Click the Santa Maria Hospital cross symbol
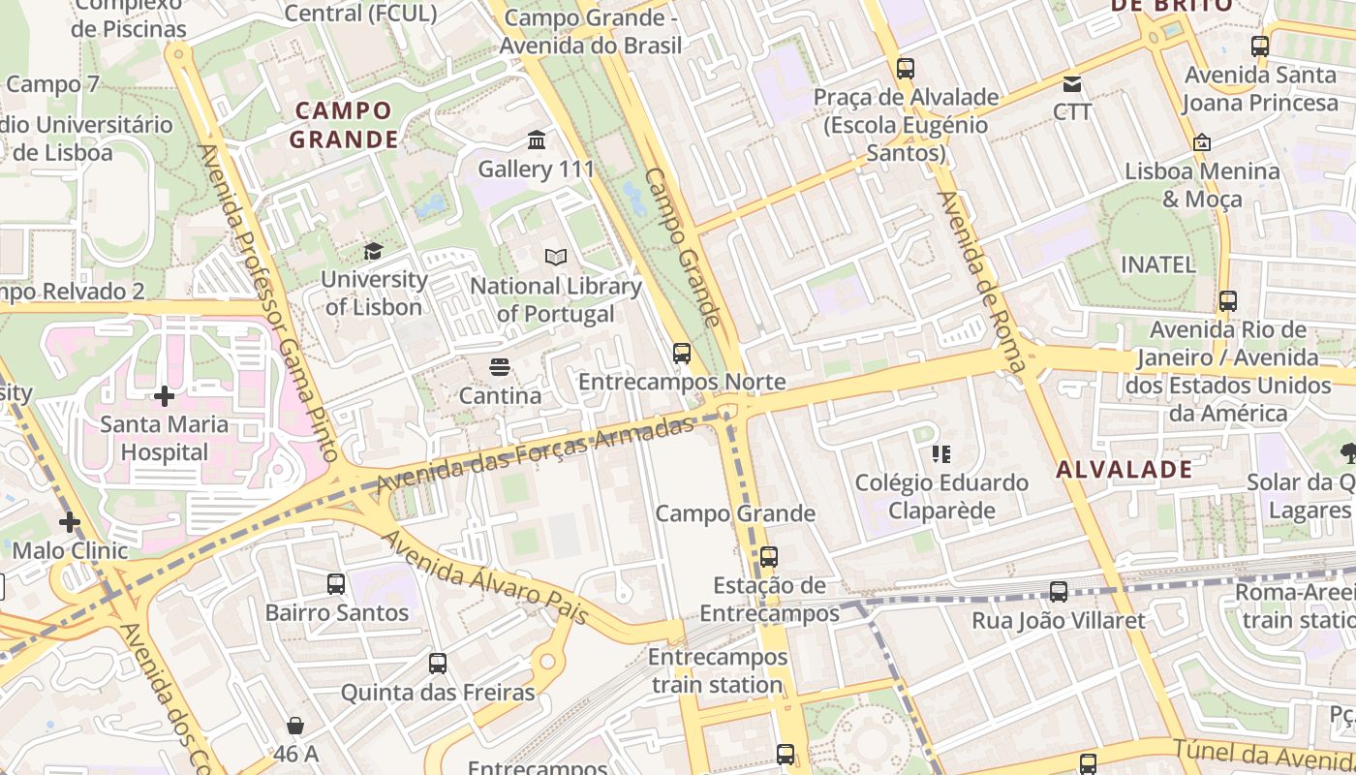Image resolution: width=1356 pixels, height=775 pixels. coord(165,396)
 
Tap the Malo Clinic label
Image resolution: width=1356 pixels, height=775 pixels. coord(70,550)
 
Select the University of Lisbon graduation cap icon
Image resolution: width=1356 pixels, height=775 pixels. coord(373,252)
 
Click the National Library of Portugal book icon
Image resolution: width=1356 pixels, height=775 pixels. coord(556,258)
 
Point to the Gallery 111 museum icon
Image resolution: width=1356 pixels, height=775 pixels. coord(537,140)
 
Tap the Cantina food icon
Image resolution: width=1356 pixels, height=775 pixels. coord(500,367)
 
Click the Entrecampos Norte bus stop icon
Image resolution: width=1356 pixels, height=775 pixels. coord(682,353)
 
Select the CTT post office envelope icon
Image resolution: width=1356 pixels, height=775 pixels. coord(1072,84)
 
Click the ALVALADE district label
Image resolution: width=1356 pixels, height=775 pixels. coord(1124,470)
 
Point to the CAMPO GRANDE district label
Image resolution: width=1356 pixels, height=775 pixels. coord(344,125)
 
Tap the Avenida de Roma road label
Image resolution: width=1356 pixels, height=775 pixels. coord(981,281)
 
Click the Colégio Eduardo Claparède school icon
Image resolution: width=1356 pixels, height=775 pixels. coord(940,453)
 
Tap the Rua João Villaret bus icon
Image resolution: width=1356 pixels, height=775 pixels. coord(1059,591)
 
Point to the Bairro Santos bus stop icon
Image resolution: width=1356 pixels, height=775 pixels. coord(336,583)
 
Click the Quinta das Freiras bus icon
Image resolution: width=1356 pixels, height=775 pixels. coord(438,664)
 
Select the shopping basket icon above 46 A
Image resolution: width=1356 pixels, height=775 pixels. coord(295,726)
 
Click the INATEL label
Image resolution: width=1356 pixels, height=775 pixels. coord(1157,263)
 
